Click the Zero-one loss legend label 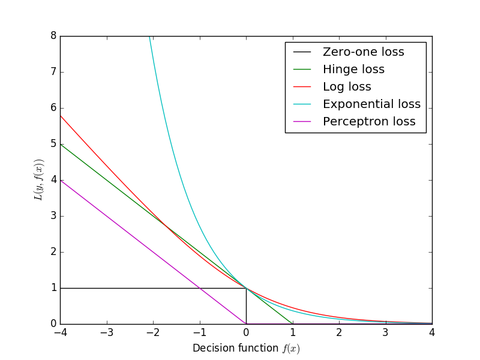[363, 52]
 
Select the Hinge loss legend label [353, 70]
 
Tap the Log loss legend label [347, 87]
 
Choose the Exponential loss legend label [371, 104]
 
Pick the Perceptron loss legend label [369, 122]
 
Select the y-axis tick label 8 [53, 36]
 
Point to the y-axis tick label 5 [53, 144]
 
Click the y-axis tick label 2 [53, 252]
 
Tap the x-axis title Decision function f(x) [246, 349]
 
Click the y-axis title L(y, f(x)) [39, 180]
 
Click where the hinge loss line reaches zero [293, 324]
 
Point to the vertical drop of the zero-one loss [246, 306]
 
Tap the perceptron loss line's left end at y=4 [61, 181]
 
